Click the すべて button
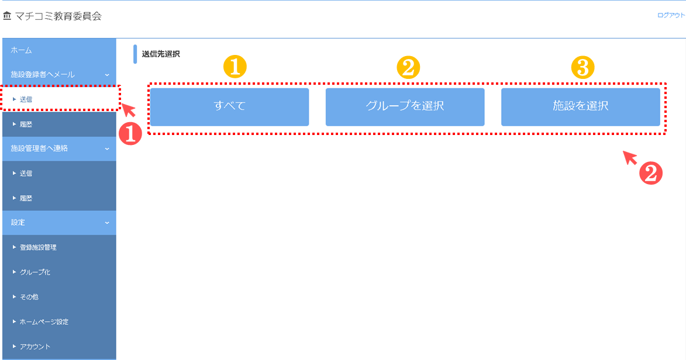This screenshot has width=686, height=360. [229, 107]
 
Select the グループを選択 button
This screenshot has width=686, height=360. [405, 107]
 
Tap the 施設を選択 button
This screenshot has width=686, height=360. [581, 107]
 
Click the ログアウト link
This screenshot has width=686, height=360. [671, 15]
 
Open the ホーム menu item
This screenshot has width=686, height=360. [59, 50]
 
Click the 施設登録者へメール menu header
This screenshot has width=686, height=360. [59, 74]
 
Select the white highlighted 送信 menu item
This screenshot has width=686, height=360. [59, 99]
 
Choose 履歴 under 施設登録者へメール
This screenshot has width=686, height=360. [59, 124]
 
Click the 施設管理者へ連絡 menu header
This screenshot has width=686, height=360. [59, 148]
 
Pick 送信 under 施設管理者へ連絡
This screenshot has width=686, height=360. [59, 173]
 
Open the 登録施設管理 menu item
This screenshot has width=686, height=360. [59, 247]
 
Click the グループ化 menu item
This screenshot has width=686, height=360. [59, 272]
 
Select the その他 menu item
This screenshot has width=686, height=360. [59, 296]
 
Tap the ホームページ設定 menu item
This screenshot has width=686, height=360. [59, 321]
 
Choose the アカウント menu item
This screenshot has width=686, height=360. [59, 347]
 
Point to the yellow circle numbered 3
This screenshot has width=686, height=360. [582, 67]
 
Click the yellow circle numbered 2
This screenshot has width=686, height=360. [408, 67]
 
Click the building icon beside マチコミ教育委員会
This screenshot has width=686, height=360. [6, 16]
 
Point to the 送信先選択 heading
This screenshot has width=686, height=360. [161, 54]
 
